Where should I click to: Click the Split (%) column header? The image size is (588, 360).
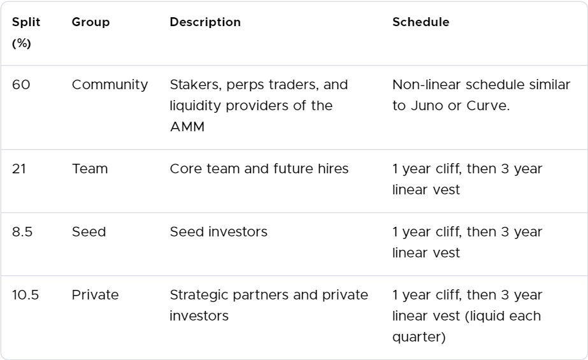coord(26,32)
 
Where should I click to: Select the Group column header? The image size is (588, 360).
coord(90,22)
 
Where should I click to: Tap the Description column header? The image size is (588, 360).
coord(205,22)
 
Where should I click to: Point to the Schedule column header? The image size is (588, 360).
coord(420,22)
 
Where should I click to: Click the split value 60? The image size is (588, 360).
coord(21,85)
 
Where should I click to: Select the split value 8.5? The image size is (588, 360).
coord(23,232)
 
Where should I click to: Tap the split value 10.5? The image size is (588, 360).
coord(25,295)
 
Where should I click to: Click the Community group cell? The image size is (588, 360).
coord(110,85)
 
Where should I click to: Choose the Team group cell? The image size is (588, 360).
coord(90,169)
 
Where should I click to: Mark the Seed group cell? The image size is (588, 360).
coord(89,232)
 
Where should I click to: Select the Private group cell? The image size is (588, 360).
coord(95,295)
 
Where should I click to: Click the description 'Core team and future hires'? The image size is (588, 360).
coord(259,169)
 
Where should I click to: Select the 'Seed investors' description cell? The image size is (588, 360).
coord(219,232)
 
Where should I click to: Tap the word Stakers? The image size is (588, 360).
coord(192,85)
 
